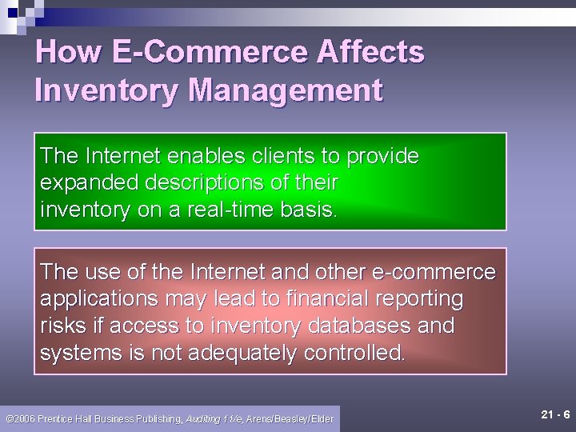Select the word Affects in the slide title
(370, 53)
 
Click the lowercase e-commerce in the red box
(437, 272)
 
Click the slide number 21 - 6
(555, 414)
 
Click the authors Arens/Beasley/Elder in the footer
(290, 419)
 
